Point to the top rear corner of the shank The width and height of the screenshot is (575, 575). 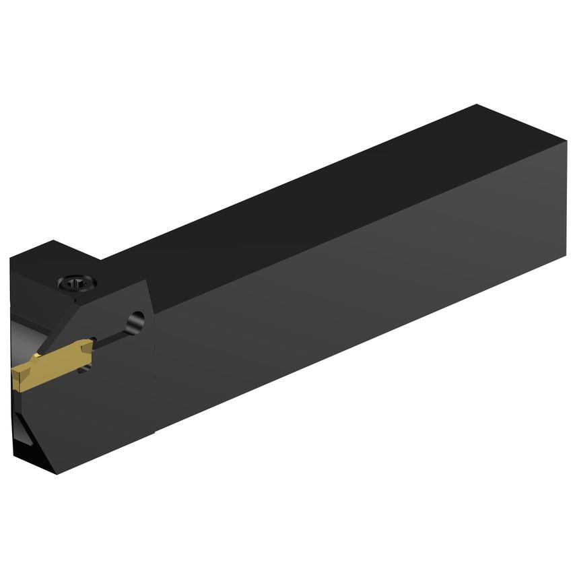click(477, 106)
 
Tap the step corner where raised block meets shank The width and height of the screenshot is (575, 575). click(101, 259)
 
